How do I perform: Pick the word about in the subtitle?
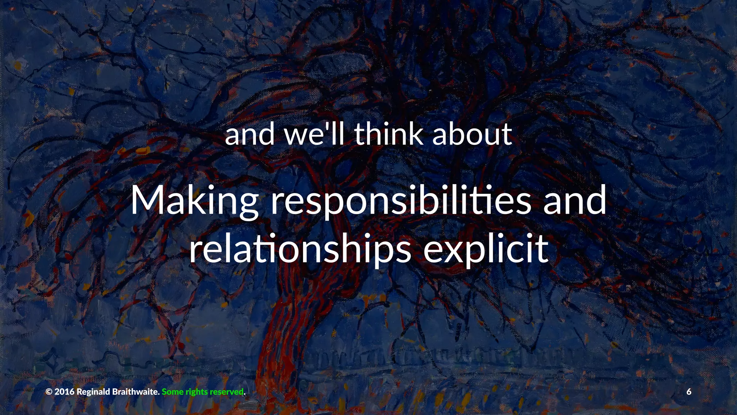[472, 134]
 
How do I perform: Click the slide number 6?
[689, 392]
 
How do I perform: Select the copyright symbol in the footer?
[49, 392]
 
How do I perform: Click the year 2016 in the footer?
[64, 392]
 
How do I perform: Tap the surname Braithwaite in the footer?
[136, 392]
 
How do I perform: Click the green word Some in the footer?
[172, 392]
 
